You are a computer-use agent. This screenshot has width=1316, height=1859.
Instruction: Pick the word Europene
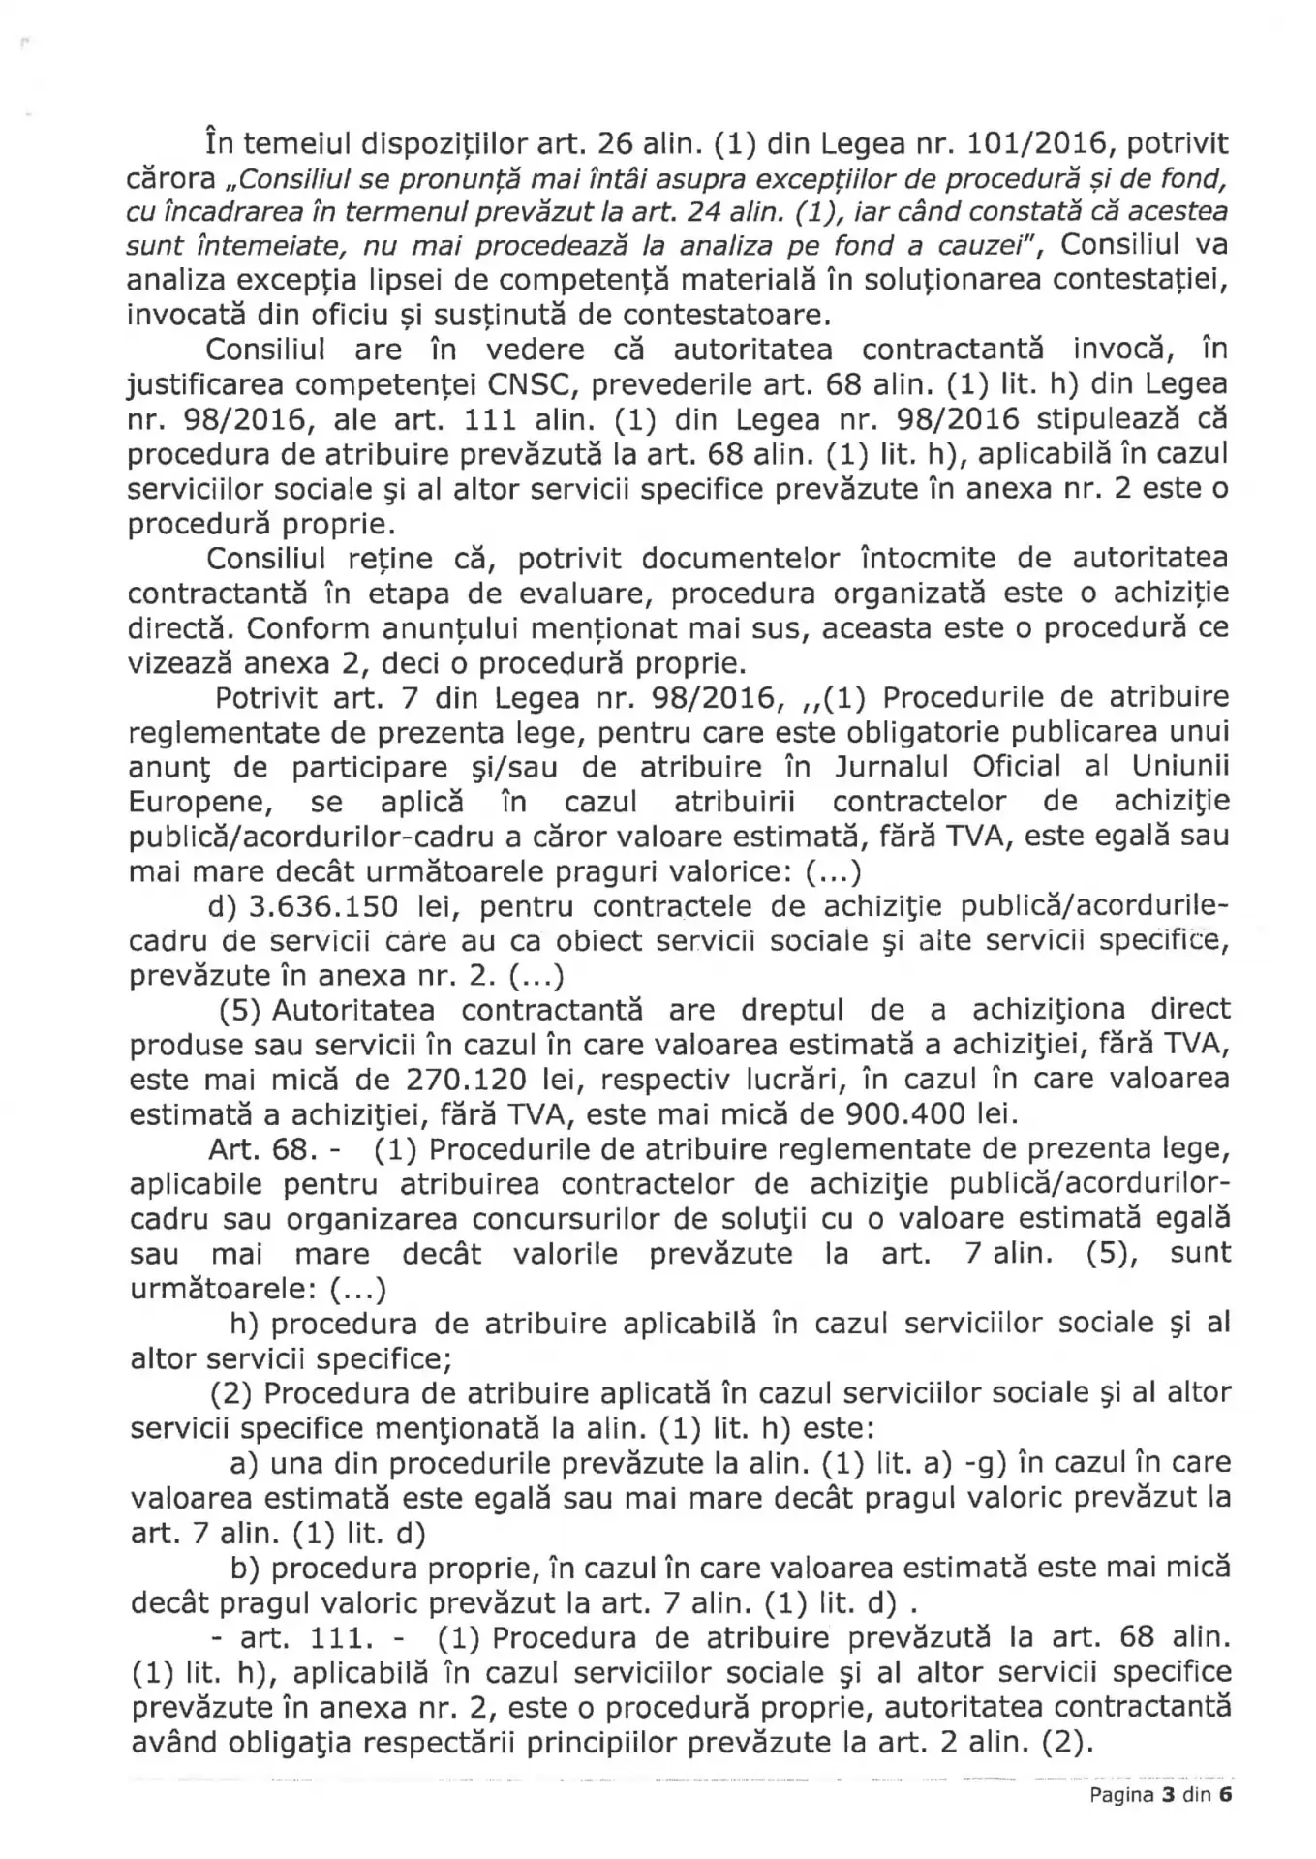tap(197, 803)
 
